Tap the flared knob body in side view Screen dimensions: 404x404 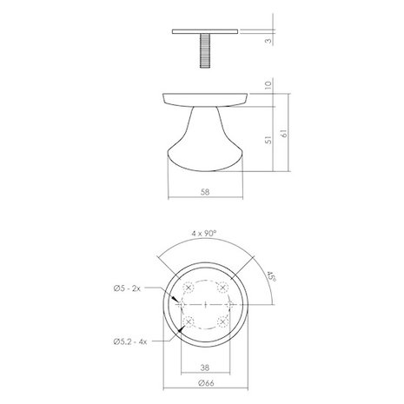(x=206, y=135)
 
